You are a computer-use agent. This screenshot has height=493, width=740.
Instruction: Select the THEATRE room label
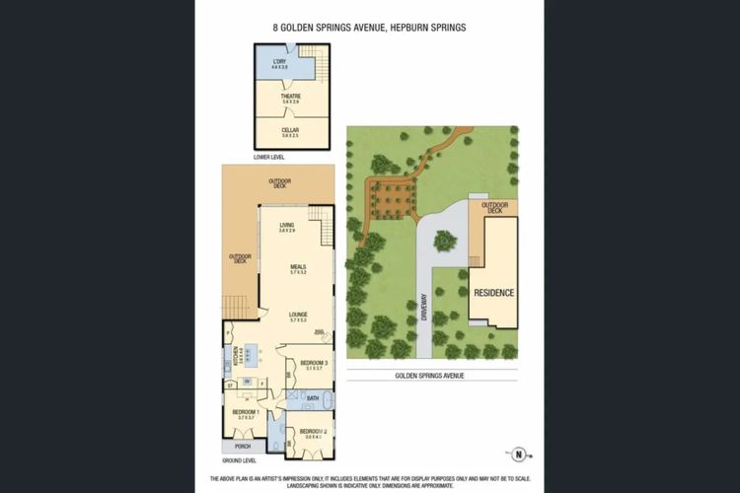point(290,98)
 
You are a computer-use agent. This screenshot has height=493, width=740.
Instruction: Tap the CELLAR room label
point(290,129)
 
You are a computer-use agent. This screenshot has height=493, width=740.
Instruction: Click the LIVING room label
point(287,227)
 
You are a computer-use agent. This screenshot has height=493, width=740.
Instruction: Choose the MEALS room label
point(299,268)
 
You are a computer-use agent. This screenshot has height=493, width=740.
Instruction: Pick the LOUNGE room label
point(299,317)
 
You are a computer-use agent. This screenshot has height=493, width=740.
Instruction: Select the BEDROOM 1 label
point(245,413)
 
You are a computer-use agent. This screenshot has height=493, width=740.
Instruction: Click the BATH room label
point(313,398)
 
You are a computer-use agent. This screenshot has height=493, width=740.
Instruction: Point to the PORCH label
point(243,446)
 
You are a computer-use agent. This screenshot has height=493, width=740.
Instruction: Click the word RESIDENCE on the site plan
point(494,293)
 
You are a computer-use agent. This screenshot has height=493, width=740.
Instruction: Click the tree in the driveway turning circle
point(445,239)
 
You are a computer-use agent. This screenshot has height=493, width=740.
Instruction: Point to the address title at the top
point(370,29)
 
